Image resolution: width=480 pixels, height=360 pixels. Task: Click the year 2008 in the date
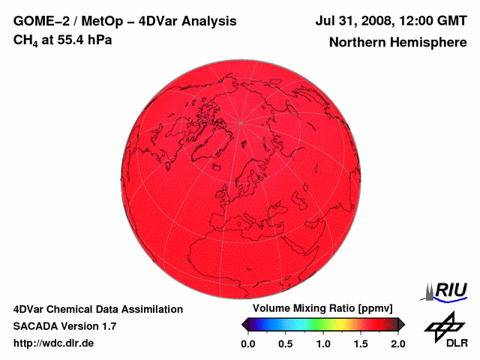click(379, 21)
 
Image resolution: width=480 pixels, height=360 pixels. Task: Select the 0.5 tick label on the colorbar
click(286, 343)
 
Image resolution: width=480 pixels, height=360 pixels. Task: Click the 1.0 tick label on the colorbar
click(323, 343)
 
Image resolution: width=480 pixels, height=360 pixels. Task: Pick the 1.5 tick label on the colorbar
click(361, 343)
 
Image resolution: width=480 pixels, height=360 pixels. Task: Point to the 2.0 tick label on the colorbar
click(398, 343)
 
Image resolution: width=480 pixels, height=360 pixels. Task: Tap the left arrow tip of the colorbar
click(244, 324)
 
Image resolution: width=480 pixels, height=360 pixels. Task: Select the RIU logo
click(448, 290)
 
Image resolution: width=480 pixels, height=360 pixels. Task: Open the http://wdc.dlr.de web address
click(54, 343)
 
